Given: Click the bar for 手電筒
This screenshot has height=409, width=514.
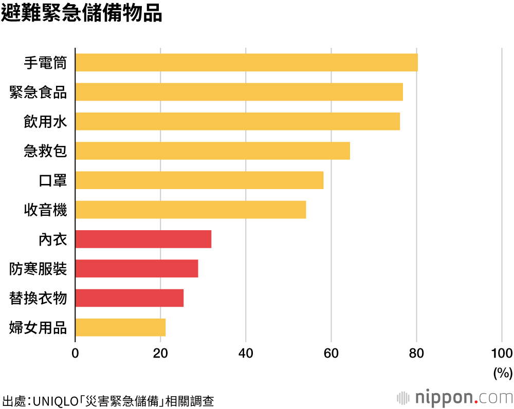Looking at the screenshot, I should [246, 62].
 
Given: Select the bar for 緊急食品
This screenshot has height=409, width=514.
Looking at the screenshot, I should [239, 92].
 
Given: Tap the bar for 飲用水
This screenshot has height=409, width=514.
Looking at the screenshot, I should [237, 121].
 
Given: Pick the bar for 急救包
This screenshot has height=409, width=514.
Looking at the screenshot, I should [212, 151].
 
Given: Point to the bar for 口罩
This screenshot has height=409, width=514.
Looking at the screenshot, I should [199, 180].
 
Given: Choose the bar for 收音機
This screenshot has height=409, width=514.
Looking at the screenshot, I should [191, 210].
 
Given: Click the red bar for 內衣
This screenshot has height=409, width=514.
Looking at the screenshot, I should [143, 239].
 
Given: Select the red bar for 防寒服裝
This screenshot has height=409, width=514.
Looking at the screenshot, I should [137, 269].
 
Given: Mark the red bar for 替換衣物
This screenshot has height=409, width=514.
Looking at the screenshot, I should [130, 298].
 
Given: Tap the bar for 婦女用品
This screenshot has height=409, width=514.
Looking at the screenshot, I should [120, 327].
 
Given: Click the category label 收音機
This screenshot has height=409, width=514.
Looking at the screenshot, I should [45, 210].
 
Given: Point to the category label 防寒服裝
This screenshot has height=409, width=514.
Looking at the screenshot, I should [38, 269].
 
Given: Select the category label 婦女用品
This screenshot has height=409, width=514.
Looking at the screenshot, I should [38, 328].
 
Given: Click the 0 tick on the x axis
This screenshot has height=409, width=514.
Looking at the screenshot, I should [76, 353].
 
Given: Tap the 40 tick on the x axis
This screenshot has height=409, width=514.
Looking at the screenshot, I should [246, 353].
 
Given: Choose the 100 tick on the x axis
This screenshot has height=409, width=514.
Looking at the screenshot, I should [502, 353].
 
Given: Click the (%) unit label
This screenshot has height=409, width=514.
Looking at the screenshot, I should [503, 373].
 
